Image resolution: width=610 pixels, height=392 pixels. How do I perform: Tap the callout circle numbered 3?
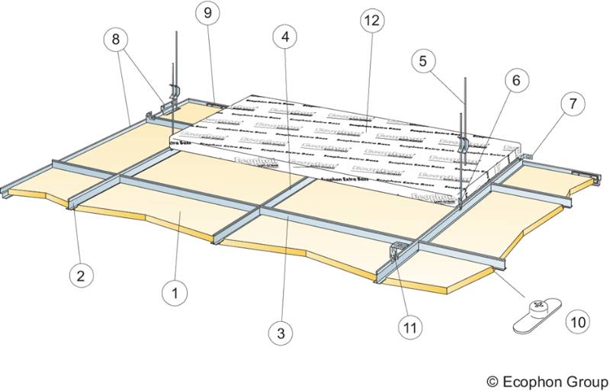point(282,333)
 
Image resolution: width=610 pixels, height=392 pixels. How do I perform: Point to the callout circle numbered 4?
point(284,36)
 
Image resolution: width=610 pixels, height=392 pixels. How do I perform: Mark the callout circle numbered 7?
point(571,102)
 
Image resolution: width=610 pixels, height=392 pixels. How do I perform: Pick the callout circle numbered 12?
point(371,21)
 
